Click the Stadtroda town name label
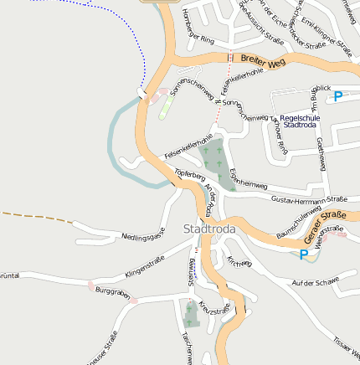[x=209, y=229]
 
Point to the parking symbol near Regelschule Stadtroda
[x=338, y=96]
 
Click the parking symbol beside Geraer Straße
[x=303, y=254]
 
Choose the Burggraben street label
[x=113, y=292]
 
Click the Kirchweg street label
[x=239, y=262]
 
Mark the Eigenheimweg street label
[x=248, y=178]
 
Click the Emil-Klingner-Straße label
[x=327, y=34]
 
